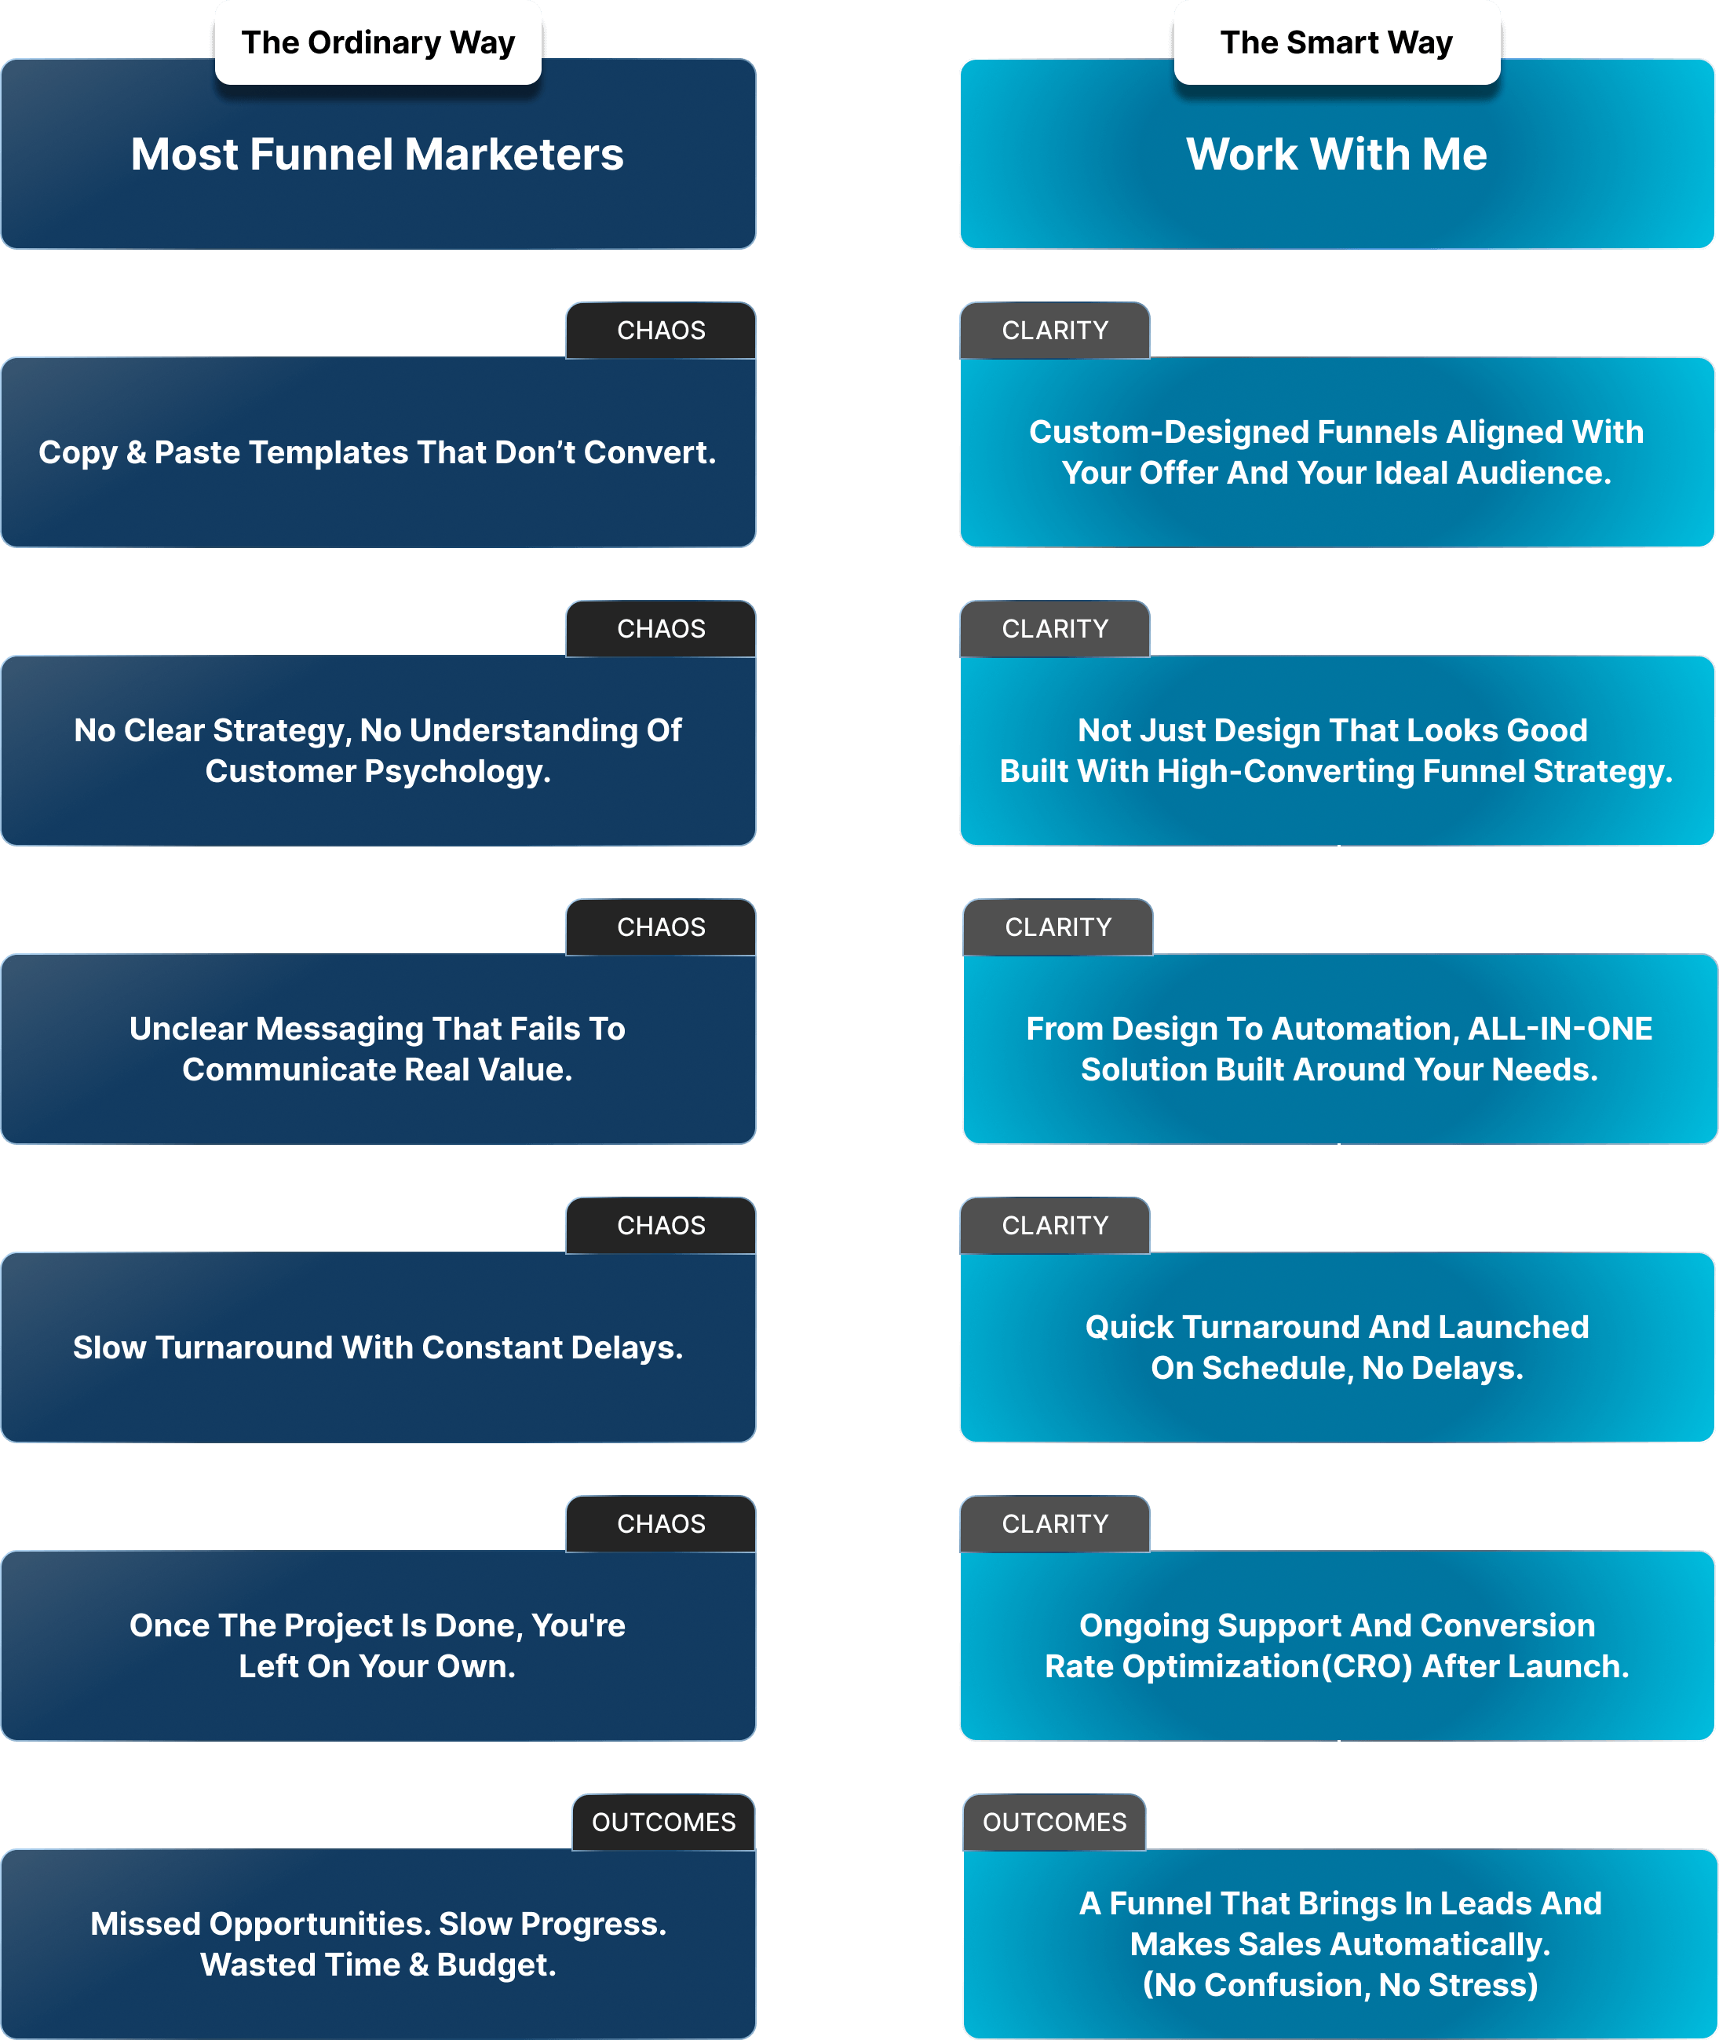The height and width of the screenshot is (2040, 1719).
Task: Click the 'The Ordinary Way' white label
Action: pos(378,43)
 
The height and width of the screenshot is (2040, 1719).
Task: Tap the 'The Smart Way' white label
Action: pos(1337,43)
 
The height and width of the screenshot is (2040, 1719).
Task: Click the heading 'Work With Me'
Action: pos(1337,154)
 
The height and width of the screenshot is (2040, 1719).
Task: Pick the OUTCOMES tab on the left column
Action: pos(663,1822)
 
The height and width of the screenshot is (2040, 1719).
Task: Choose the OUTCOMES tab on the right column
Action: pos(1054,1822)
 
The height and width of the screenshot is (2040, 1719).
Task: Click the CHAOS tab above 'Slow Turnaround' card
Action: pos(661,1225)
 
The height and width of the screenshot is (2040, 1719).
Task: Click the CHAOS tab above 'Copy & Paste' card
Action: pos(661,331)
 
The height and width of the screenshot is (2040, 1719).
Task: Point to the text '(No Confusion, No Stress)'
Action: pos(1340,1984)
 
